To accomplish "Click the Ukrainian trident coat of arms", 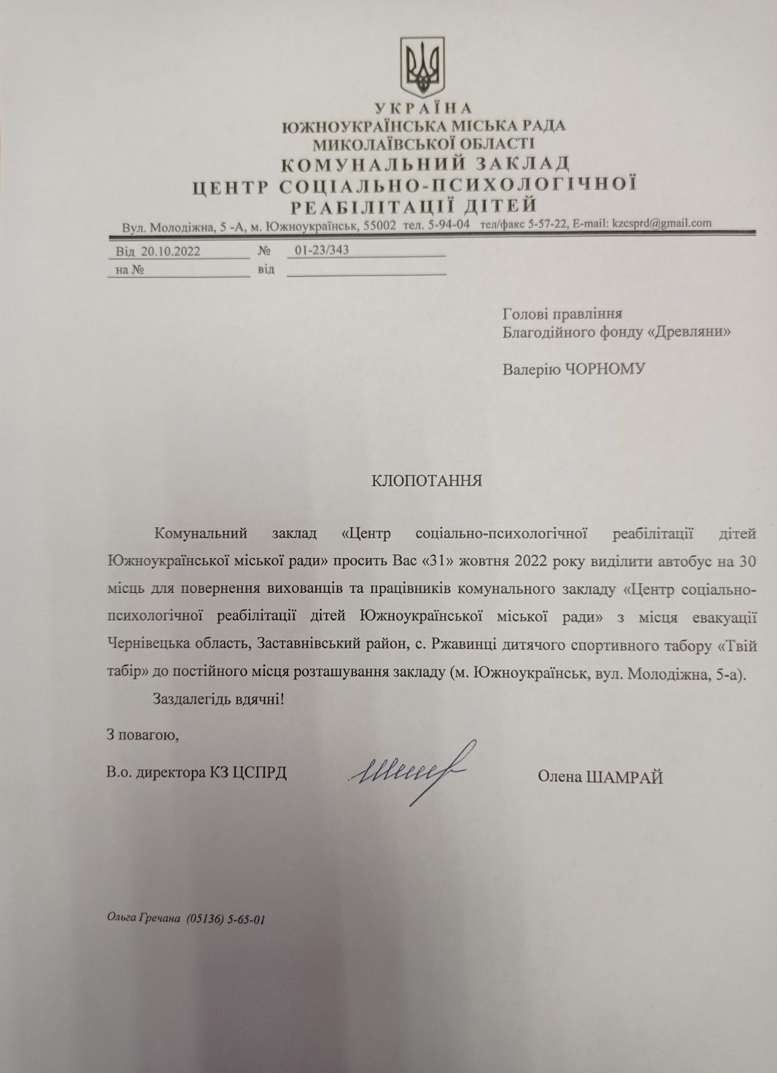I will (423, 67).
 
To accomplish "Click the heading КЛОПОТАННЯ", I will (427, 480).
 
